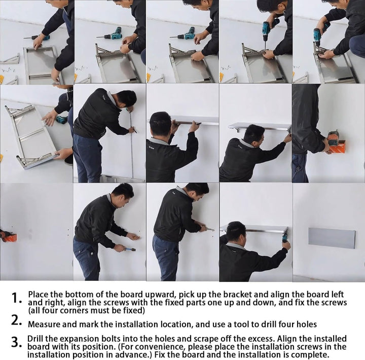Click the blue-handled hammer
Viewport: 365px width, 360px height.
pos(129,249)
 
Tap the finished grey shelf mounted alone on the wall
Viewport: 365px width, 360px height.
pos(332,238)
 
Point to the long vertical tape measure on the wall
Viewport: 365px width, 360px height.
pos(132,144)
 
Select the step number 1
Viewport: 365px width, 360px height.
pos(16,298)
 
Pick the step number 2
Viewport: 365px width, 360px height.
pos(16,320)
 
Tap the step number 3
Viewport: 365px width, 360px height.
pos(16,342)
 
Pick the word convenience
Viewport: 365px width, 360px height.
pos(160,347)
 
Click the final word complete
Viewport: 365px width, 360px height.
pos(310,355)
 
